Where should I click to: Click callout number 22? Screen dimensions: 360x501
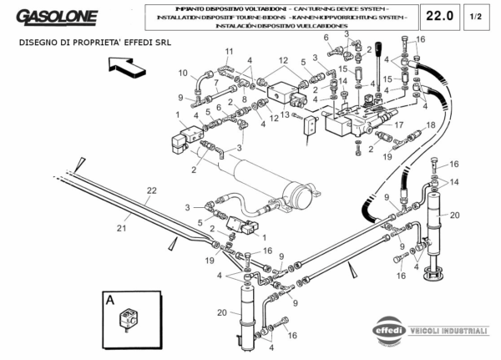tap(150, 191)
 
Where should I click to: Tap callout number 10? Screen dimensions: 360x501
tap(183, 73)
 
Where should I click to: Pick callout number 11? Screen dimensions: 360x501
tap(228, 52)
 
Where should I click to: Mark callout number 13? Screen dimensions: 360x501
tap(285, 114)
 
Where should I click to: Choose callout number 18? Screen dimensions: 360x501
tap(432, 124)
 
